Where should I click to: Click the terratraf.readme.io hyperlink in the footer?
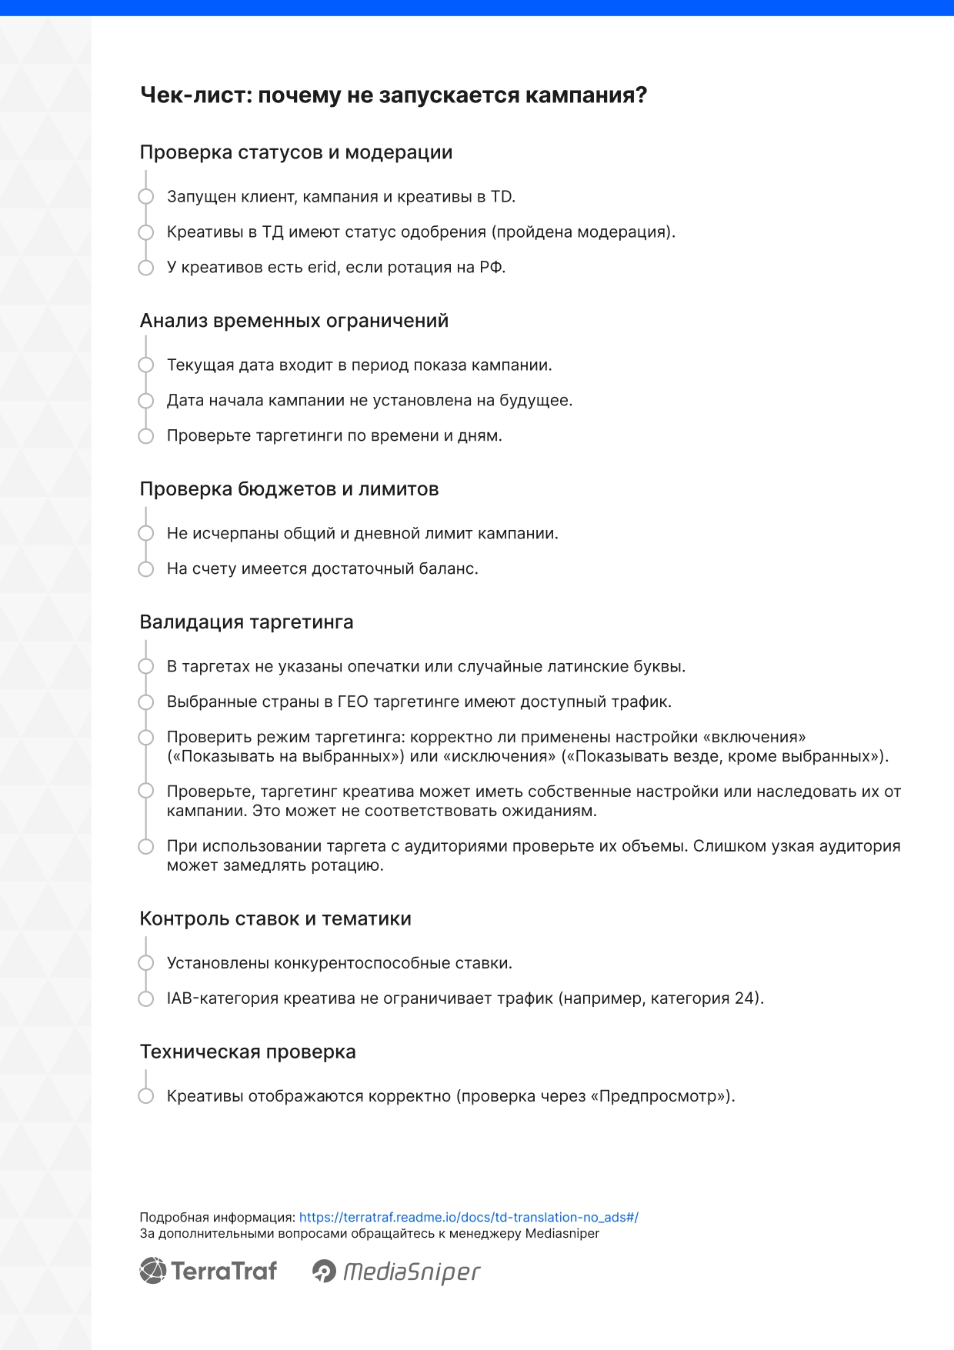tap(469, 1217)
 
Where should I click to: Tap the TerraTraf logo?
tap(208, 1271)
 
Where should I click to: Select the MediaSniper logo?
tap(396, 1272)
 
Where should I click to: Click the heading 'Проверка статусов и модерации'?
tap(296, 152)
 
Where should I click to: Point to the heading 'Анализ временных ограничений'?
tap(294, 321)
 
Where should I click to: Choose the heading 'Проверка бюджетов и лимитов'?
tap(289, 489)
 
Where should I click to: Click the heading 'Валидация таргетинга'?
tap(246, 622)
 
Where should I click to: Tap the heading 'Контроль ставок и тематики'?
tap(275, 918)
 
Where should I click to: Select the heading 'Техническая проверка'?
tap(248, 1052)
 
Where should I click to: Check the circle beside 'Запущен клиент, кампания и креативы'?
tap(146, 197)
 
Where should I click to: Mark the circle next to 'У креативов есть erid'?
tap(146, 268)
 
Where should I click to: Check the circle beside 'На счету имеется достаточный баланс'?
tap(146, 569)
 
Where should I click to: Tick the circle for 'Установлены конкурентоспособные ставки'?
tap(146, 963)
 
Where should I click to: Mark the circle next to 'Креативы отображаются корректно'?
tap(146, 1096)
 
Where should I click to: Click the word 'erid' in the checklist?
tap(322, 268)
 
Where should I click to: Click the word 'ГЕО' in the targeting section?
tap(352, 702)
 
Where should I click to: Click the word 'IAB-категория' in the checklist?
tap(222, 998)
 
